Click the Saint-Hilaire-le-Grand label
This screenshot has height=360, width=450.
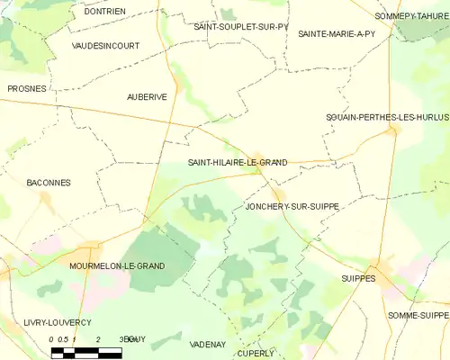(x=237, y=163)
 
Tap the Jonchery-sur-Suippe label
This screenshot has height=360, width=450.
(x=292, y=207)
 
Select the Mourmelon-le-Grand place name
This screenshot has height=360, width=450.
(x=117, y=266)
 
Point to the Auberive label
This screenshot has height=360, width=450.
(x=147, y=96)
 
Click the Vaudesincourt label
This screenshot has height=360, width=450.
(x=104, y=43)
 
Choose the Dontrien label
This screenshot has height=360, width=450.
(x=104, y=12)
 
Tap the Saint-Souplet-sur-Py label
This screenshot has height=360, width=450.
(x=241, y=27)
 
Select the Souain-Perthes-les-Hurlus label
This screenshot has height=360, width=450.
(x=387, y=118)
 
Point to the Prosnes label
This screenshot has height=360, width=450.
(x=27, y=89)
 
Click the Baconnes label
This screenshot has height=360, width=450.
(x=49, y=183)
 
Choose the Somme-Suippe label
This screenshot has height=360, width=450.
(x=418, y=315)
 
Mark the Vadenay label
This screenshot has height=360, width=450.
(x=208, y=345)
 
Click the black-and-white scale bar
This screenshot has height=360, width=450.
(x=86, y=352)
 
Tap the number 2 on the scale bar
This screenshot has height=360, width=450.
(x=96, y=339)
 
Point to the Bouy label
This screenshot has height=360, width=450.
(x=135, y=338)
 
